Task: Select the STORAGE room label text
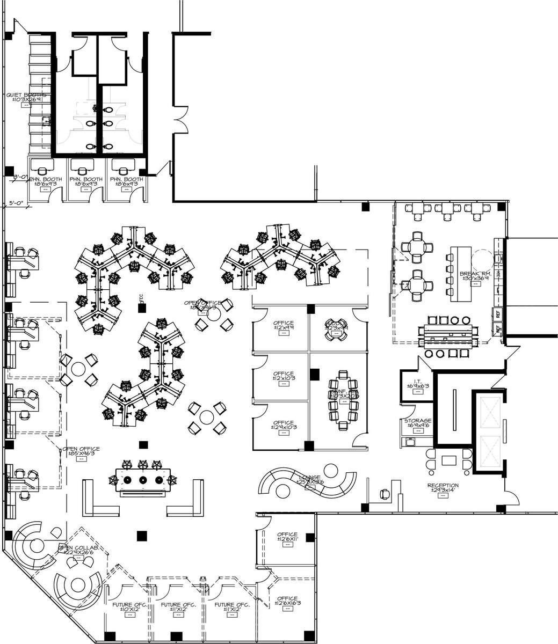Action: [418, 421]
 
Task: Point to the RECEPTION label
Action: [443, 486]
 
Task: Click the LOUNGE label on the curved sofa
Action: [310, 478]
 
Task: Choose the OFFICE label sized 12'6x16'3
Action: [287, 599]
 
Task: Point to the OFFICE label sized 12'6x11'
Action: [287, 536]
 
